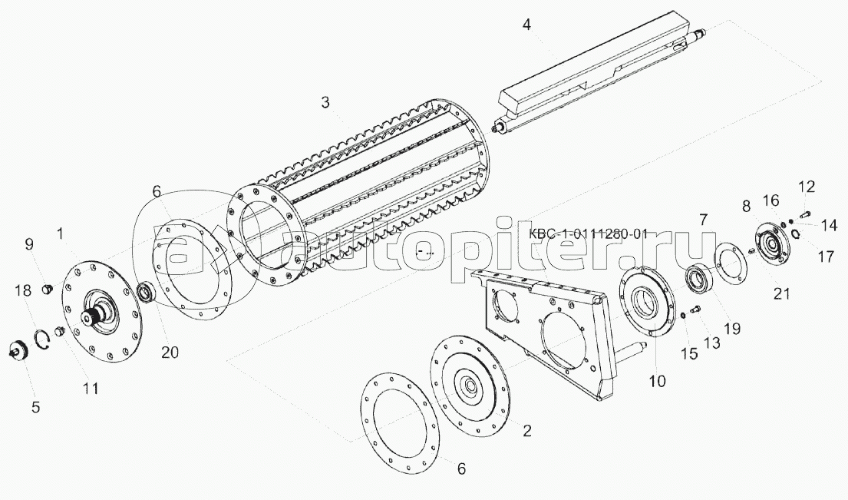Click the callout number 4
click(x=526, y=24)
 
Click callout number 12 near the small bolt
click(x=806, y=187)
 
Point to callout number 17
click(x=826, y=257)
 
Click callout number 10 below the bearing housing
click(x=658, y=380)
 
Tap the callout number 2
click(x=526, y=431)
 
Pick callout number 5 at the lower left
click(x=35, y=408)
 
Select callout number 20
click(x=170, y=352)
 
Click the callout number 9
click(x=29, y=245)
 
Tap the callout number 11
click(x=91, y=389)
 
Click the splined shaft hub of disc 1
click(x=101, y=314)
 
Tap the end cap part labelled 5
click(x=18, y=353)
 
